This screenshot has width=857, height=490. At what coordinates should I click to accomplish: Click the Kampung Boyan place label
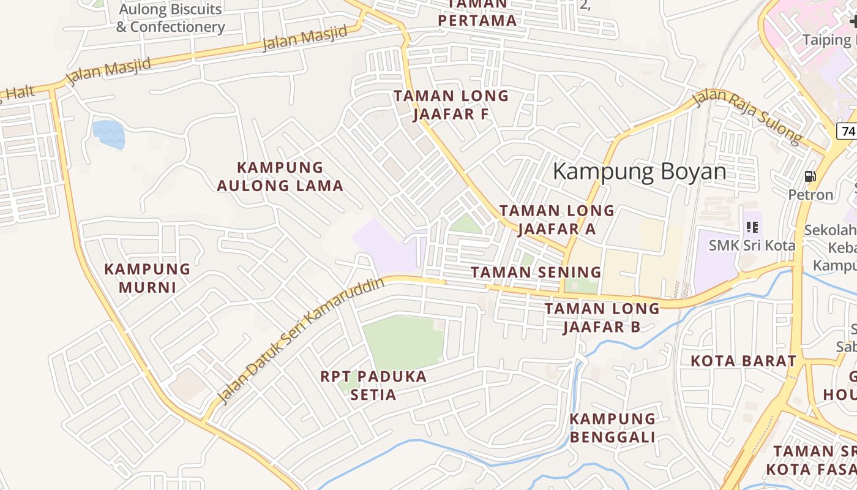coord(640,172)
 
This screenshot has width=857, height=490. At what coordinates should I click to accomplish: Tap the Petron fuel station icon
coord(810,177)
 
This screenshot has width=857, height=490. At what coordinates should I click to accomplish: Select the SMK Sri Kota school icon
coord(752,227)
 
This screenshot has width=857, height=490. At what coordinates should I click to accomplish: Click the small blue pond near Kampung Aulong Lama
coord(108,134)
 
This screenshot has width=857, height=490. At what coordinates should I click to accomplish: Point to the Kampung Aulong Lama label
coord(280,176)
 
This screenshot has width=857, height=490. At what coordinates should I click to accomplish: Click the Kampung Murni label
coord(148,278)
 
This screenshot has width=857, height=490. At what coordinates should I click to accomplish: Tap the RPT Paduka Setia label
coord(373,385)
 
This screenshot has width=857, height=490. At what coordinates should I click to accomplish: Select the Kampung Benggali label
coord(613,428)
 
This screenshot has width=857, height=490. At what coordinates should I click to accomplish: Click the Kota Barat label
coord(744,361)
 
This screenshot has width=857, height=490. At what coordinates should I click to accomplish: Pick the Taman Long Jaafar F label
coord(451,105)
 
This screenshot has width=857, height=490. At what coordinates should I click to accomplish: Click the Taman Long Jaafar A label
coord(556,219)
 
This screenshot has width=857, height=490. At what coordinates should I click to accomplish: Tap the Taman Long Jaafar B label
coord(602,317)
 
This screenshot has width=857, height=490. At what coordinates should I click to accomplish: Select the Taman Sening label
coord(536,272)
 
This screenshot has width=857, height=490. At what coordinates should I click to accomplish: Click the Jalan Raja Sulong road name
coord(747,117)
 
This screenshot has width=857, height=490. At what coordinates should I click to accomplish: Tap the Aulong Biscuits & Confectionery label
coord(171,18)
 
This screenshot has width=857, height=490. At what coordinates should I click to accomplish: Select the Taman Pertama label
coord(477,12)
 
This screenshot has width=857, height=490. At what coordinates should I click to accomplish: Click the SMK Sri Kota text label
coord(752,246)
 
